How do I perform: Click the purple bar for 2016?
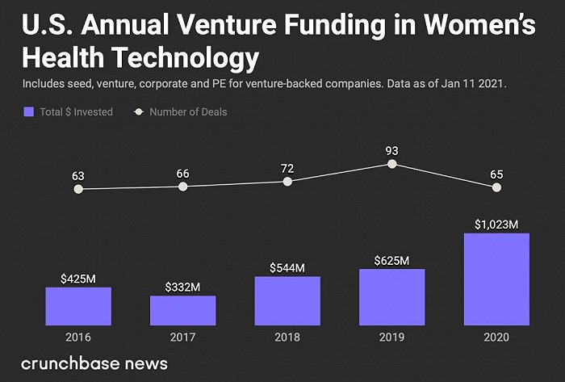pos(78,306)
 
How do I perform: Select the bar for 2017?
pos(182,310)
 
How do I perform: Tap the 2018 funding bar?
pos(287,300)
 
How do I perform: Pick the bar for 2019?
pos(391,296)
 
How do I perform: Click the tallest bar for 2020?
pos(496,279)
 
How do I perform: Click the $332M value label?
pos(182,287)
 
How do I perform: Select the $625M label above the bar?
pos(391,260)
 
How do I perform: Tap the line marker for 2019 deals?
pos(391,163)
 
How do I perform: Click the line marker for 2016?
pos(78,189)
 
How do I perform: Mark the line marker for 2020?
pos(496,187)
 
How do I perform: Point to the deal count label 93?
pos(391,149)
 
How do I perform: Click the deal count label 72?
pos(287,168)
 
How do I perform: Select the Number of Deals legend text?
pos(188,112)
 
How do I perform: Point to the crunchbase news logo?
pos(94,363)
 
